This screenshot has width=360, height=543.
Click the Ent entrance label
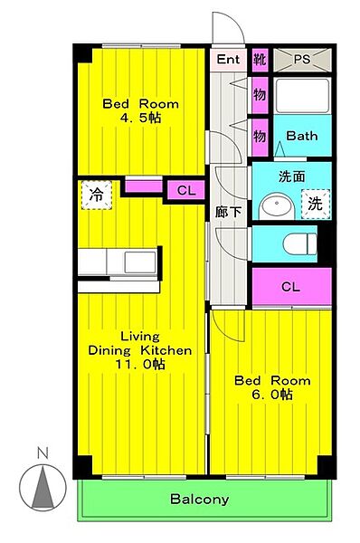click(228, 59)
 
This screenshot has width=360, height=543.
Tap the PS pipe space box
click(302, 60)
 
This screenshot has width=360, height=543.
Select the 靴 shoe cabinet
click(260, 60)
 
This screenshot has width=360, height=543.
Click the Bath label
click(302, 136)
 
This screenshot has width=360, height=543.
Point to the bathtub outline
click(302, 96)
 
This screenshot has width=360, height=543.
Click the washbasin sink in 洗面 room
click(277, 206)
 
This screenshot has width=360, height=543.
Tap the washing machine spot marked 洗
click(316, 204)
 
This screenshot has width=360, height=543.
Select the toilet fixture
click(299, 243)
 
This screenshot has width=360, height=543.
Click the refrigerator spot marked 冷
click(97, 195)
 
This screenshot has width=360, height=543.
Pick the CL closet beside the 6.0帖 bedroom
click(291, 287)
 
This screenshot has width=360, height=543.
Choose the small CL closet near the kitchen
click(186, 190)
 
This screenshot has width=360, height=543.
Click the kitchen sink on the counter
click(140, 262)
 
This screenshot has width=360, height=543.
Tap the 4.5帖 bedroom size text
click(140, 118)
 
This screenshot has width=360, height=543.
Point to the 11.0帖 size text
click(140, 365)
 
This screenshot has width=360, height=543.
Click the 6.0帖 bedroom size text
click(272, 395)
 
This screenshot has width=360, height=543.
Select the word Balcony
click(200, 499)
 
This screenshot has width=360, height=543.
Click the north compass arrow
click(43, 487)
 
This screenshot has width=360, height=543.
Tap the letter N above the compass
click(43, 453)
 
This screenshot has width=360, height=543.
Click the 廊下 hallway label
click(228, 212)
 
